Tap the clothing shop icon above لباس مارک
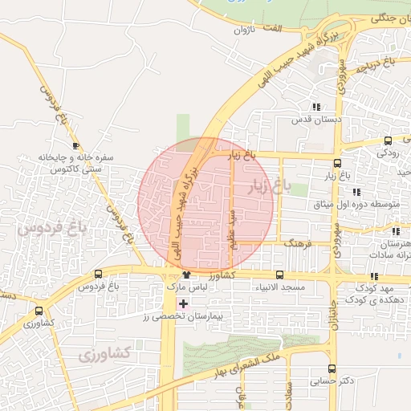pos(186,275)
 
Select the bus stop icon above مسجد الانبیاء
pos(279,275)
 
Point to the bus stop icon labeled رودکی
pos(389,140)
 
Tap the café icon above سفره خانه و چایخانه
pos(75,145)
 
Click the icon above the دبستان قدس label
pos(316,107)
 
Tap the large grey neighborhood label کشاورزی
pos(107,352)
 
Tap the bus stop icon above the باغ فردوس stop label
pos(98,274)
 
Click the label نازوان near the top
pos(242,31)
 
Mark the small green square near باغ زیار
pos(299,189)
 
